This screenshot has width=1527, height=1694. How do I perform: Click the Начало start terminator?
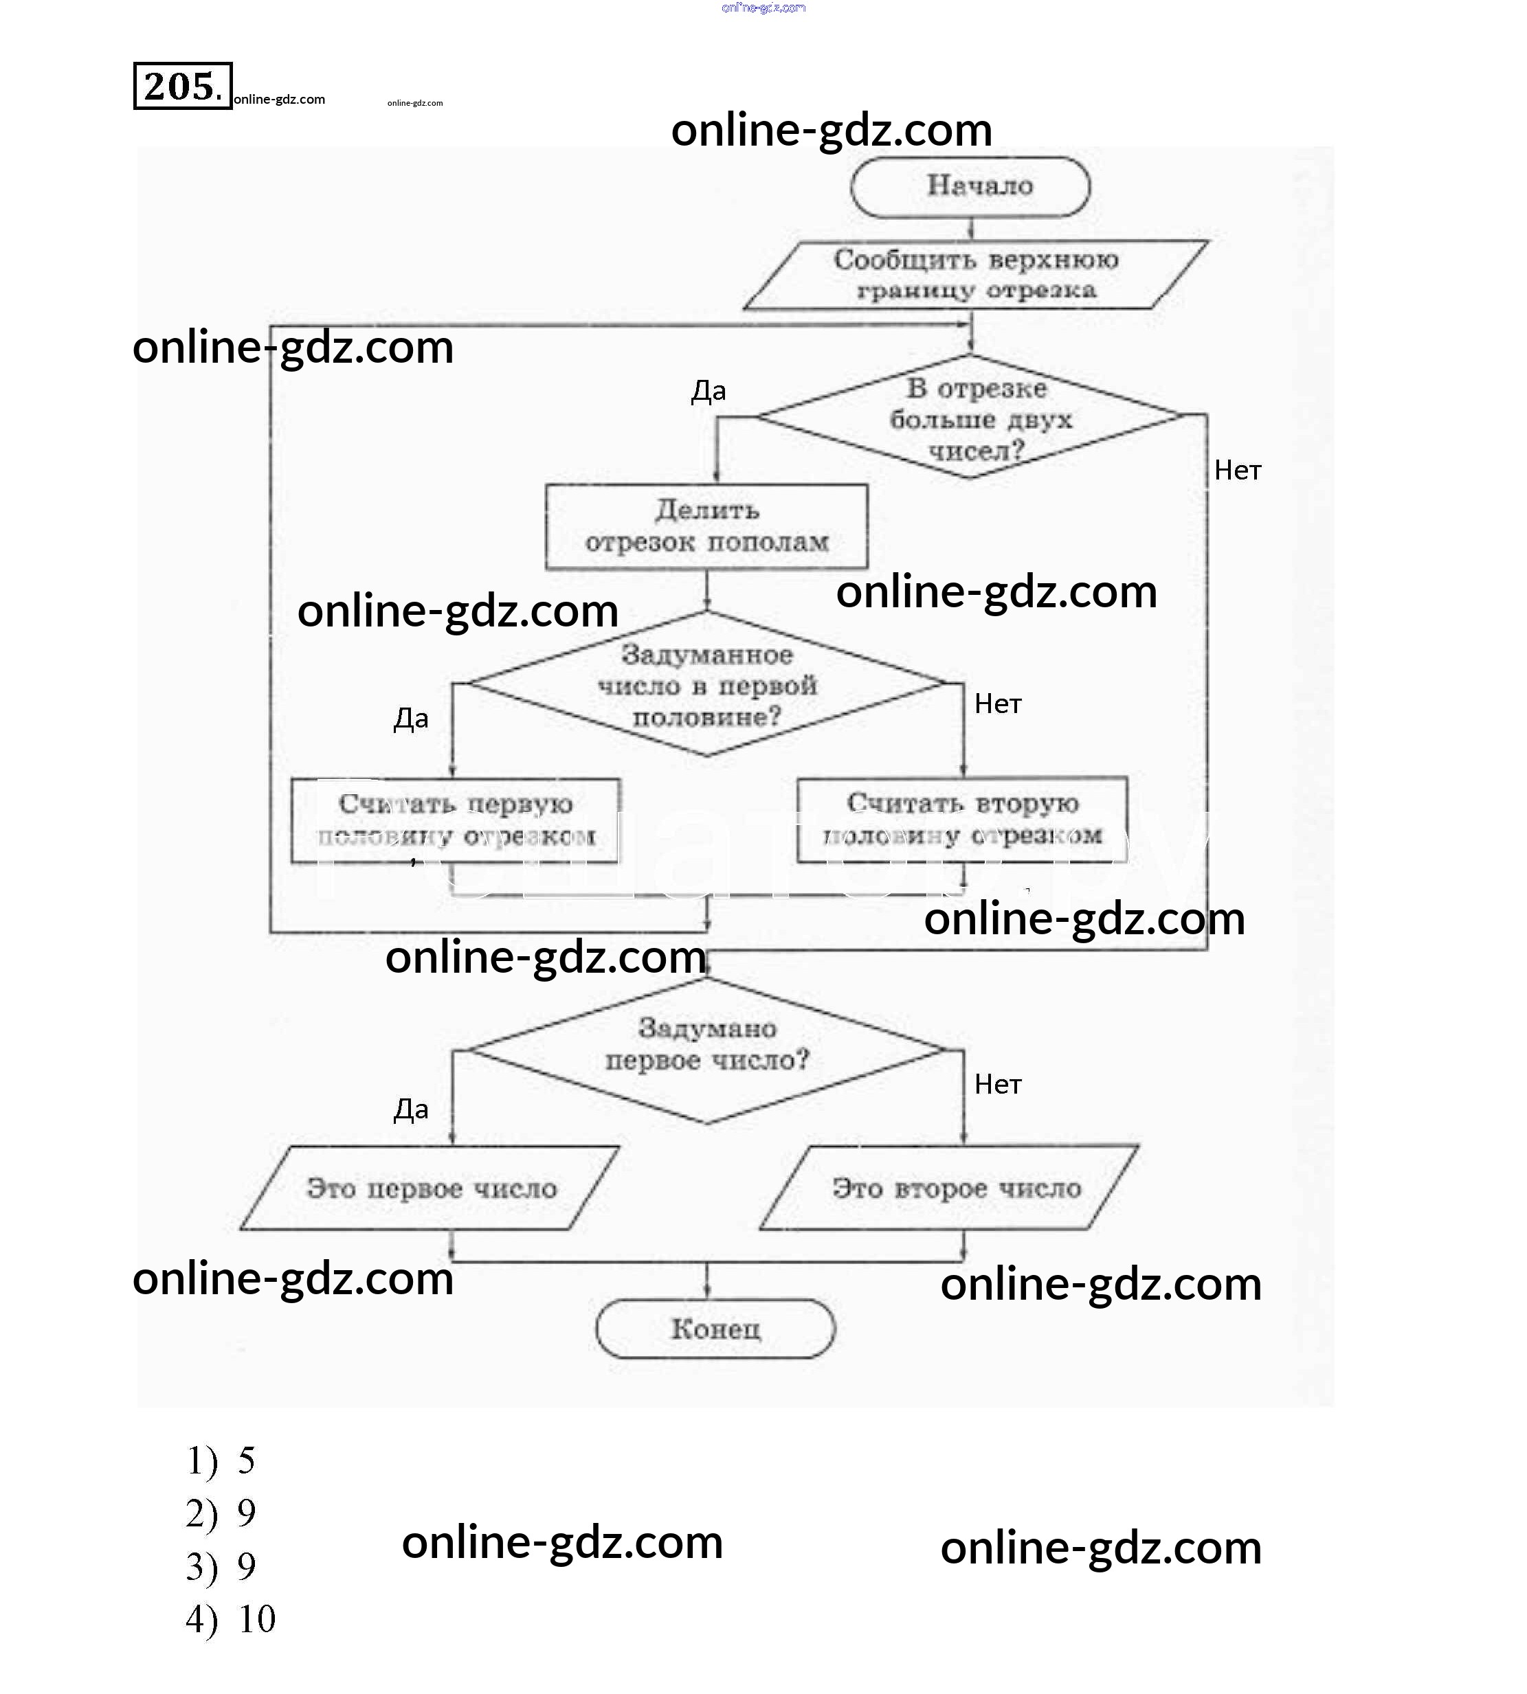pos(971,186)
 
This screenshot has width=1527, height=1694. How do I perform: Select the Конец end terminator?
pos(715,1329)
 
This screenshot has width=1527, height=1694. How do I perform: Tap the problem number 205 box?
pos(183,86)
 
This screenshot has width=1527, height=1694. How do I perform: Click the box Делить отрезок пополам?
pos(706,527)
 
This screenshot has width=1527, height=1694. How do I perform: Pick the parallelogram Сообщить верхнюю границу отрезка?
pos(975,275)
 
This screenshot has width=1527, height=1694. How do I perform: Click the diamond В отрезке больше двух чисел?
pos(971,418)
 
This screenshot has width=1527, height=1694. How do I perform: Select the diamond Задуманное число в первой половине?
pos(706,684)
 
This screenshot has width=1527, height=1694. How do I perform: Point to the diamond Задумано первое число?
pos(706,1049)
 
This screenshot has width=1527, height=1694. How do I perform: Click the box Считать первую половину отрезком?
pos(456,820)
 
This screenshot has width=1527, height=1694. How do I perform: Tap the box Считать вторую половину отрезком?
pos(962,820)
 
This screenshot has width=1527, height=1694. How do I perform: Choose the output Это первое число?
pos(430,1188)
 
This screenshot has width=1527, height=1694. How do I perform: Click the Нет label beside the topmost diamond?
pos(1238,471)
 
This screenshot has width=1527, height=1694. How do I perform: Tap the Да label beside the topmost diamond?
pos(708,391)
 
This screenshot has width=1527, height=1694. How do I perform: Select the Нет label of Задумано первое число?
pos(998,1084)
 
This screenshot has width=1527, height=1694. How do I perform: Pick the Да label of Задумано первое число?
pos(411,1109)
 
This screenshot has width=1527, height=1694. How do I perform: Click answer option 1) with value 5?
pos(221,1461)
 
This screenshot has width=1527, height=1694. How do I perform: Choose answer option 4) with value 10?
pos(231,1619)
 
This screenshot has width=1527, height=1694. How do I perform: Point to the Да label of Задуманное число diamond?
pos(411,719)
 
